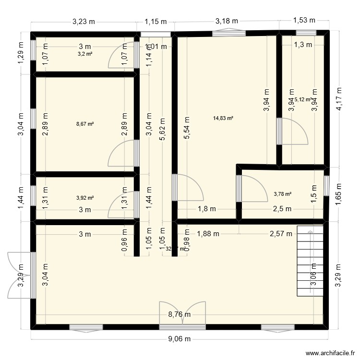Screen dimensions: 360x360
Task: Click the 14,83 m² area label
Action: coord(223,118)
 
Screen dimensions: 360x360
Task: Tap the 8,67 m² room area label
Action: coord(85,124)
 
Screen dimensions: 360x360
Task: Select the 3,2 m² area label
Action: coord(85,54)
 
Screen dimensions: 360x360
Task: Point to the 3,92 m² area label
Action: coord(85,197)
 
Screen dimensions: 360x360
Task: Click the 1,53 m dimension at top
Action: coord(304,20)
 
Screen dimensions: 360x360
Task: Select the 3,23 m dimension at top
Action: coord(84,21)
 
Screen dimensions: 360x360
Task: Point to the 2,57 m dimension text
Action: coord(281,234)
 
